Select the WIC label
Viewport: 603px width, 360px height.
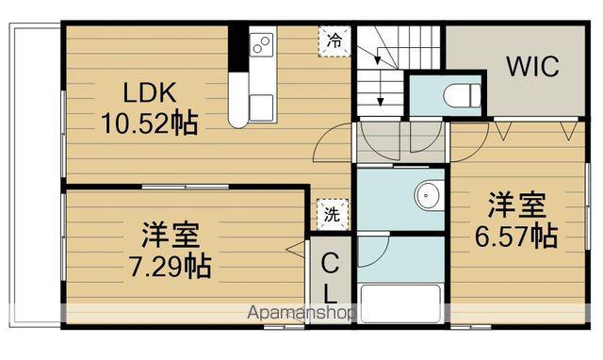tap(533, 67)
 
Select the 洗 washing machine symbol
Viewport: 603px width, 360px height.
tap(332, 213)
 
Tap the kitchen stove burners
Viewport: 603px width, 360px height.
tap(262, 43)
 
